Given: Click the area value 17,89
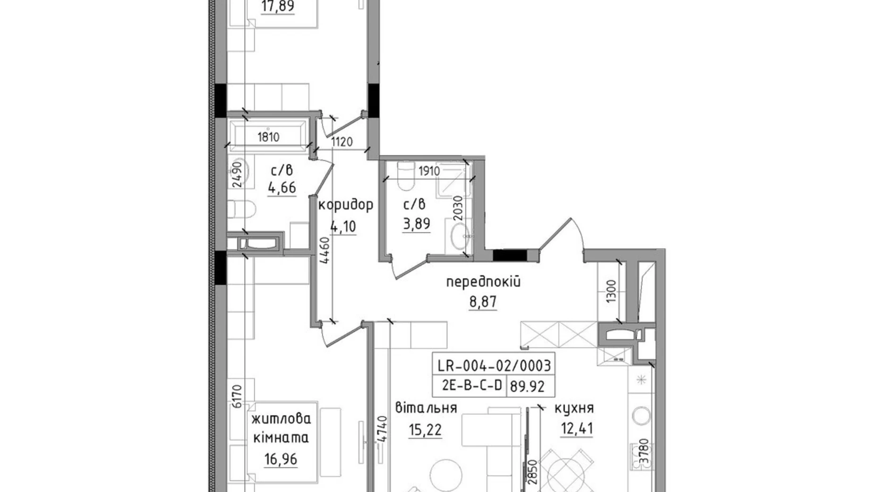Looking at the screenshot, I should tap(278, 7).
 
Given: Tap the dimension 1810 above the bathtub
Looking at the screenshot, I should tap(268, 137).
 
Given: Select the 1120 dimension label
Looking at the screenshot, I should tap(342, 141).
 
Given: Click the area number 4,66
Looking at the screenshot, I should tap(282, 188).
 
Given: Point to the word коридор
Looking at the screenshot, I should tap(345, 205).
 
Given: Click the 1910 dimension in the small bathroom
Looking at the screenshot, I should tap(429, 171).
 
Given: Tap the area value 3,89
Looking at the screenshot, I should tap(416, 223).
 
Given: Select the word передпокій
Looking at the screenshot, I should tap(483, 282).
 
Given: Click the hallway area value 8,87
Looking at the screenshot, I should tap(483, 302).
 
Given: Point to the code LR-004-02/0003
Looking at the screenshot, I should tap(494, 366).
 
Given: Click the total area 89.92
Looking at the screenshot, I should tap(527, 387).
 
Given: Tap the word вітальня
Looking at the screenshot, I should tap(426, 408).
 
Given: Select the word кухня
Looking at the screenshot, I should tap(574, 408).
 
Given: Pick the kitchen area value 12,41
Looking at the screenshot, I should tap(576, 429).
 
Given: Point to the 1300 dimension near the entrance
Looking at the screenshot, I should tap(611, 291).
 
